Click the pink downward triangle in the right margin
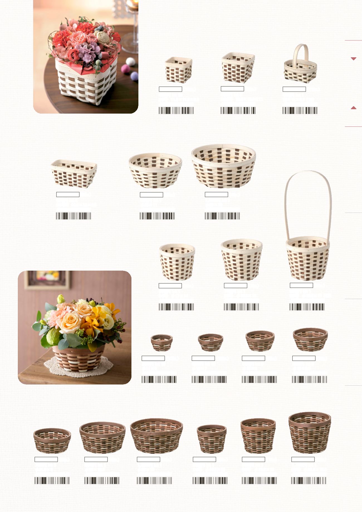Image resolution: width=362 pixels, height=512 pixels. point(354,59)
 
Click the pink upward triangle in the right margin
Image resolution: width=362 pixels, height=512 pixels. point(354,108)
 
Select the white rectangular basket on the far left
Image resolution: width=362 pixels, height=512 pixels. point(74,174)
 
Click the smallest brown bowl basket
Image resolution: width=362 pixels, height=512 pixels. point(162,342)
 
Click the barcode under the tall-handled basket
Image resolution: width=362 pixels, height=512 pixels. point(307,307)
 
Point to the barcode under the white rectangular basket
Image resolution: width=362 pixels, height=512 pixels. point(74,216)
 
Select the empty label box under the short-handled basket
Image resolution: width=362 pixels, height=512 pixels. point(294,89)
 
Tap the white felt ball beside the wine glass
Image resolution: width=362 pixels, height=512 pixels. point(130,61)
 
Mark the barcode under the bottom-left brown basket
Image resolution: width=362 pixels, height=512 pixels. point(52,481)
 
